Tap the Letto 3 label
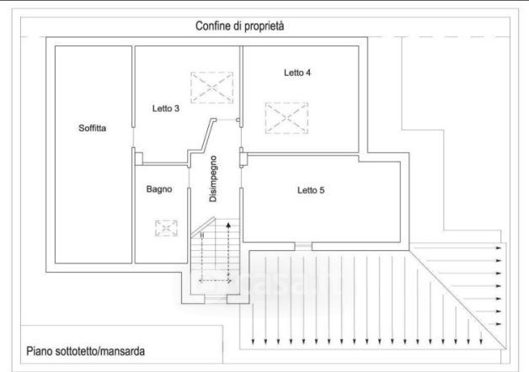166,108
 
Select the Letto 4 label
297,73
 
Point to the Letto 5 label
311,190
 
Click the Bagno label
158,189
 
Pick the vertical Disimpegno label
214,178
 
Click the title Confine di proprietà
239,26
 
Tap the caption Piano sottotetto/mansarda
83,348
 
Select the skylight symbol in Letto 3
211,86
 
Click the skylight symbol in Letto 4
286,118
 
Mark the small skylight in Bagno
167,228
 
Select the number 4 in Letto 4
308,73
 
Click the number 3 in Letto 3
177,108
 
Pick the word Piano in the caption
39,348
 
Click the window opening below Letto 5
302,246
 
